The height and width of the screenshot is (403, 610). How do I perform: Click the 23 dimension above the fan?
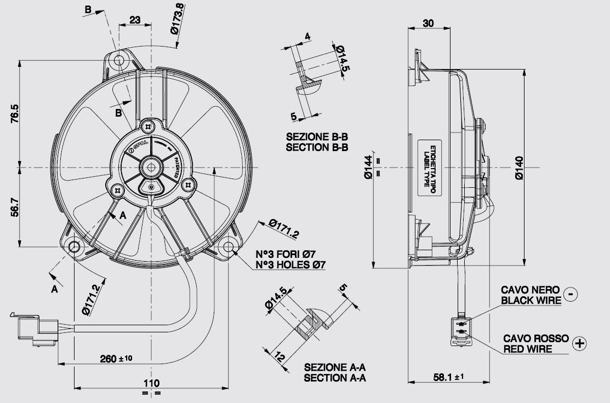(135, 20)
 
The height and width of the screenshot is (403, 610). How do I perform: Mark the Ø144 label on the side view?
(368, 167)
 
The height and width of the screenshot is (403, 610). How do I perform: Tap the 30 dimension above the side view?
(429, 22)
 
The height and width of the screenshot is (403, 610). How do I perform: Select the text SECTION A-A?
(335, 377)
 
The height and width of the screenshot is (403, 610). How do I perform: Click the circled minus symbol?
(571, 295)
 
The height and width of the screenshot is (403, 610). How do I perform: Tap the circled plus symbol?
(579, 343)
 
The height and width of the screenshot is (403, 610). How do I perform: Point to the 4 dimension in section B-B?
(307, 37)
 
